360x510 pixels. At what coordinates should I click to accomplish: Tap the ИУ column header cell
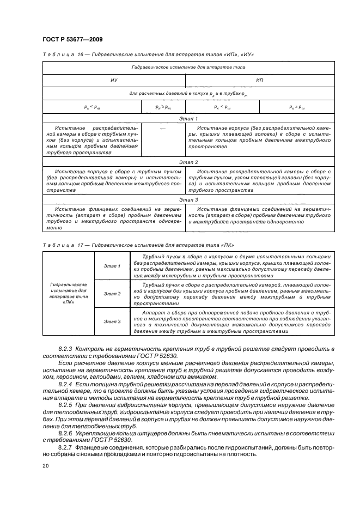point(114,80)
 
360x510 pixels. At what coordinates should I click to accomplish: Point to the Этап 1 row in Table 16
point(188,118)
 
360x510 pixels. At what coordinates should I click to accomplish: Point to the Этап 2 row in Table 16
point(188,162)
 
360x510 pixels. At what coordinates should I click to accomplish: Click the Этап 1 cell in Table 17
point(112,265)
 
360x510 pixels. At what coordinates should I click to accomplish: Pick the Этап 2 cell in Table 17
point(112,294)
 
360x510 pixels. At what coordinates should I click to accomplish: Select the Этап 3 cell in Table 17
point(112,321)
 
